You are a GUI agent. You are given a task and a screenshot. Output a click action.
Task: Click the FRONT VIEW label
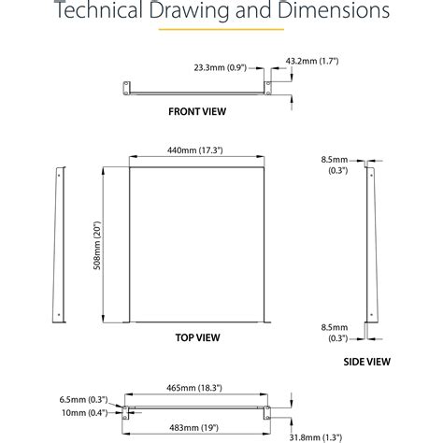click(x=197, y=111)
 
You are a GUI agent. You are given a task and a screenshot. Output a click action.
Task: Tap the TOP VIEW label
click(x=197, y=337)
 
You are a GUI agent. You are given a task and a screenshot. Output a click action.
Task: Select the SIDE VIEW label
click(x=366, y=362)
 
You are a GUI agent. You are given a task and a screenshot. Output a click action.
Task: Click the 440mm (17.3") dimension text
click(x=195, y=150)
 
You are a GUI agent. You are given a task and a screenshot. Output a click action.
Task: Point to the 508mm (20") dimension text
click(x=97, y=245)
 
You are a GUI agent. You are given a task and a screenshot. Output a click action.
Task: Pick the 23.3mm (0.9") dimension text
click(x=221, y=67)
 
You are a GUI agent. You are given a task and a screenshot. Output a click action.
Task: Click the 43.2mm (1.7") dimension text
click(x=312, y=61)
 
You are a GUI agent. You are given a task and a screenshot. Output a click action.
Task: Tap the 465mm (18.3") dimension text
click(x=194, y=388)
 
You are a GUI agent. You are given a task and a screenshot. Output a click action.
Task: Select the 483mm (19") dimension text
click(x=193, y=428)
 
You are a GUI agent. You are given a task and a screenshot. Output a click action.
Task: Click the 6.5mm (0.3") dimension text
click(x=83, y=399)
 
